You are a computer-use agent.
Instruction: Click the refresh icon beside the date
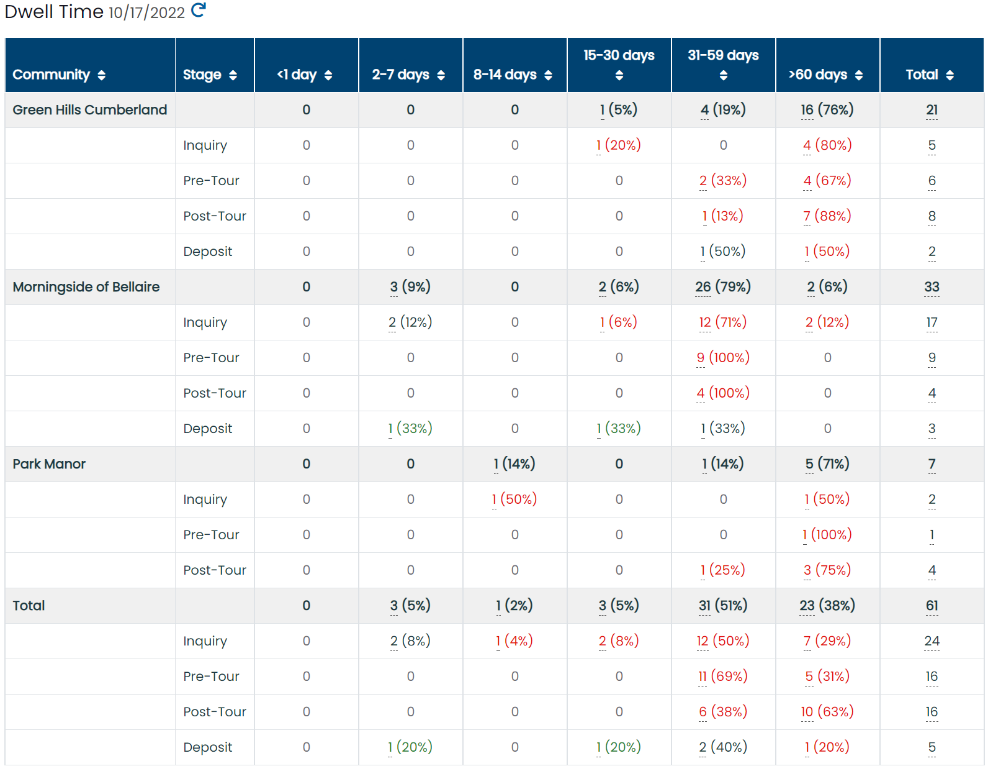pyautogui.click(x=198, y=10)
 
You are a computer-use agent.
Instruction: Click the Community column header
pyautogui.click(x=51, y=74)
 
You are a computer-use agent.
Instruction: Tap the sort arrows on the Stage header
pyautogui.click(x=233, y=75)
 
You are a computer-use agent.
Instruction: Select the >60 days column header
pyautogui.click(x=817, y=74)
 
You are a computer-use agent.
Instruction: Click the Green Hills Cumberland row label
pyautogui.click(x=89, y=110)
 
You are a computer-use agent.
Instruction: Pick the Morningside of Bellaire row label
pyautogui.click(x=86, y=287)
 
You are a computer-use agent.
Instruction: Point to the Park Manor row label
pyautogui.click(x=49, y=464)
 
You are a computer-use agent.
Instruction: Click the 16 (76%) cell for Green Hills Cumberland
pyautogui.click(x=827, y=110)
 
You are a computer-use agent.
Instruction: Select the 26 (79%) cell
pyautogui.click(x=723, y=287)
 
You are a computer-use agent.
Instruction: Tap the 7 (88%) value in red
pyautogui.click(x=827, y=216)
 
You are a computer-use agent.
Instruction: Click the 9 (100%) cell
pyautogui.click(x=723, y=357)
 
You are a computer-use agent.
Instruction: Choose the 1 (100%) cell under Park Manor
pyautogui.click(x=827, y=534)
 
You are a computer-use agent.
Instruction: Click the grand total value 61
pyautogui.click(x=932, y=605)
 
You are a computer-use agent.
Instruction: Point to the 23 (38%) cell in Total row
pyautogui.click(x=827, y=605)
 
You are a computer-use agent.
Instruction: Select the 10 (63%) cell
pyautogui.click(x=827, y=711)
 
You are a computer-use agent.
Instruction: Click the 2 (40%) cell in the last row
pyautogui.click(x=723, y=747)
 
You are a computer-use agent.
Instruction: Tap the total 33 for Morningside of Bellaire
pyautogui.click(x=932, y=287)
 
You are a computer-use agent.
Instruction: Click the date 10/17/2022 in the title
pyautogui.click(x=147, y=12)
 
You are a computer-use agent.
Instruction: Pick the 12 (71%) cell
pyautogui.click(x=723, y=322)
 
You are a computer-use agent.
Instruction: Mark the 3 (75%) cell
pyautogui.click(x=827, y=570)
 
